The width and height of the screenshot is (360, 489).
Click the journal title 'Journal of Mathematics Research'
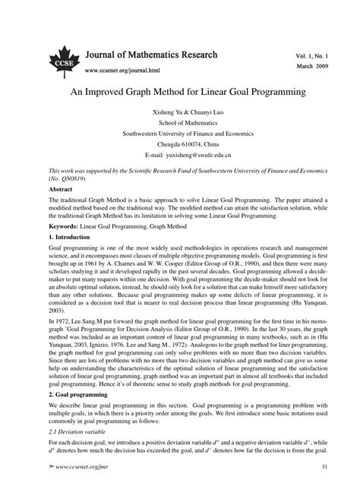point(152,55)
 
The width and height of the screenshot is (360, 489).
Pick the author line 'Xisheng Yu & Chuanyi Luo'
point(179,111)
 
